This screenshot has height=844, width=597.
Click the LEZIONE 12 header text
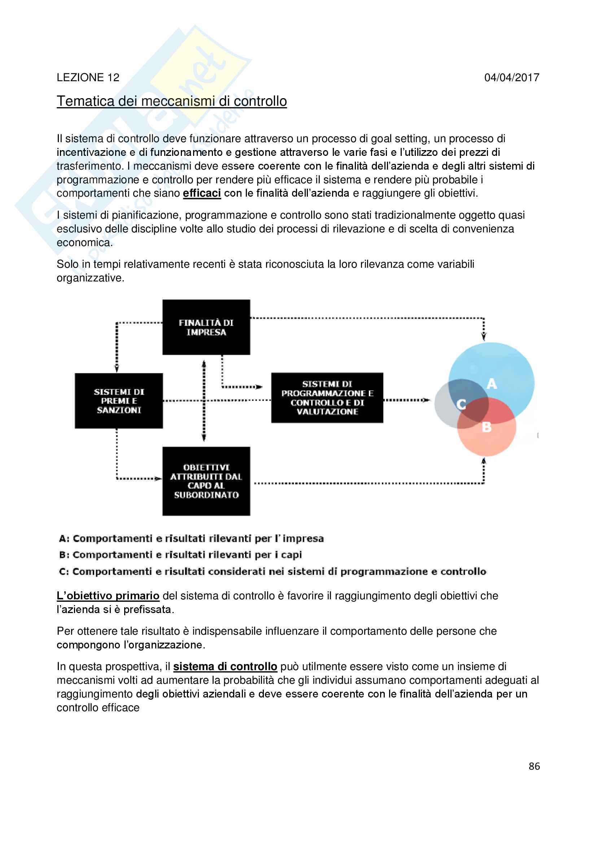tap(88, 78)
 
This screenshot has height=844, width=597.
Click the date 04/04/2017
tap(511, 78)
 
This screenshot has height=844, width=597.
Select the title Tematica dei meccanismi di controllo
tap(171, 101)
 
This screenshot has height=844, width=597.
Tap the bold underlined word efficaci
tap(202, 193)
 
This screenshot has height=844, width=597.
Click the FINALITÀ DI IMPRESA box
tap(206, 327)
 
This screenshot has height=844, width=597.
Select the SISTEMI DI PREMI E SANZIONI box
tap(119, 401)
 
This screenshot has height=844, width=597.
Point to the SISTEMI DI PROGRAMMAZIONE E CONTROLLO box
tap(327, 398)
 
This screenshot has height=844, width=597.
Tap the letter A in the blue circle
tap(492, 384)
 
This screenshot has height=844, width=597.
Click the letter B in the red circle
tap(486, 427)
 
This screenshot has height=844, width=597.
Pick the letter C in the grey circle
tap(461, 404)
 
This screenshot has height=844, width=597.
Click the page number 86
tap(534, 766)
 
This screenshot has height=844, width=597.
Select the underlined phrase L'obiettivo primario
tap(108, 595)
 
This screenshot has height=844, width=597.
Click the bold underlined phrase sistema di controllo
tap(225, 666)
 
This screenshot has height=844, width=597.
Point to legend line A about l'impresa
tap(191, 538)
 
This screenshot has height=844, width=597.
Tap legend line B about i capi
tap(180, 555)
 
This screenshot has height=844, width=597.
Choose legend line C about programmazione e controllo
tap(272, 572)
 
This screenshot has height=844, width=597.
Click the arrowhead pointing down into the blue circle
tap(484, 336)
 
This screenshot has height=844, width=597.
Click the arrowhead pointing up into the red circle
tap(484, 460)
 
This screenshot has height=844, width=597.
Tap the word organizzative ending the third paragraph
tap(91, 278)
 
